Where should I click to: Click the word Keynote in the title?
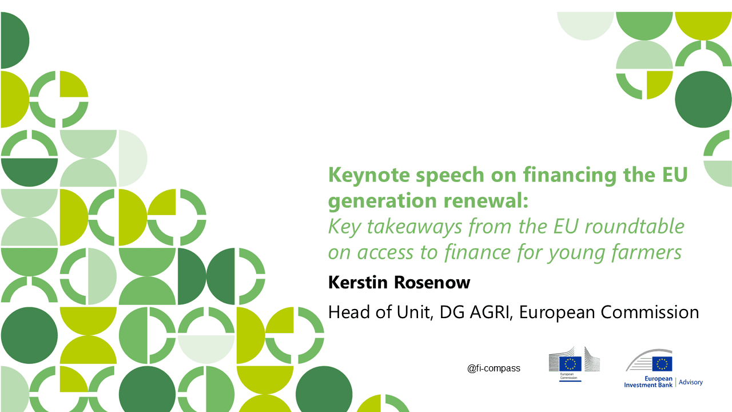[369, 176]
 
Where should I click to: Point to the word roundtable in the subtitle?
[635, 226]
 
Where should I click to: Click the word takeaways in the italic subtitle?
[415, 227]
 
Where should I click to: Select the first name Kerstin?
[358, 282]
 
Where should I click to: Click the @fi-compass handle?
[494, 369]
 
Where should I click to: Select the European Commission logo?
[574, 364]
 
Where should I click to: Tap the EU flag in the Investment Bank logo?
[662, 364]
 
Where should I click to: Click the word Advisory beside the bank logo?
[690, 382]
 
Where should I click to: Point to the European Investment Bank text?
[648, 382]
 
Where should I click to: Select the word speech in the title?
[449, 176]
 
